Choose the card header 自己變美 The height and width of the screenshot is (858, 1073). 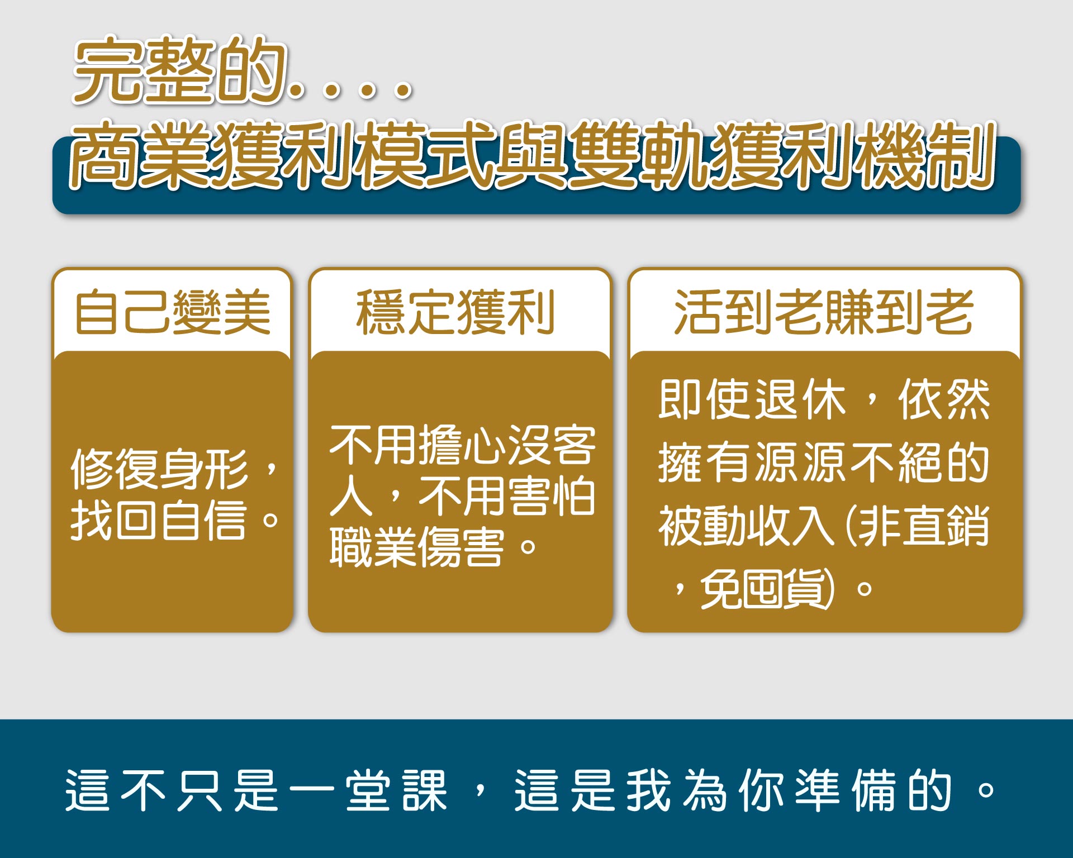point(173,312)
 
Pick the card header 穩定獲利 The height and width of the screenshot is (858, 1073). point(455,312)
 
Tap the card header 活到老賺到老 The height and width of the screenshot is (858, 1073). point(824,312)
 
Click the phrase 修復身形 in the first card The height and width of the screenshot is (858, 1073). point(159,469)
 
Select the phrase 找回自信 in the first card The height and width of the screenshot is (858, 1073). point(159,519)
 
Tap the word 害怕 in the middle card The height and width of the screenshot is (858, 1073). point(551,495)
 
